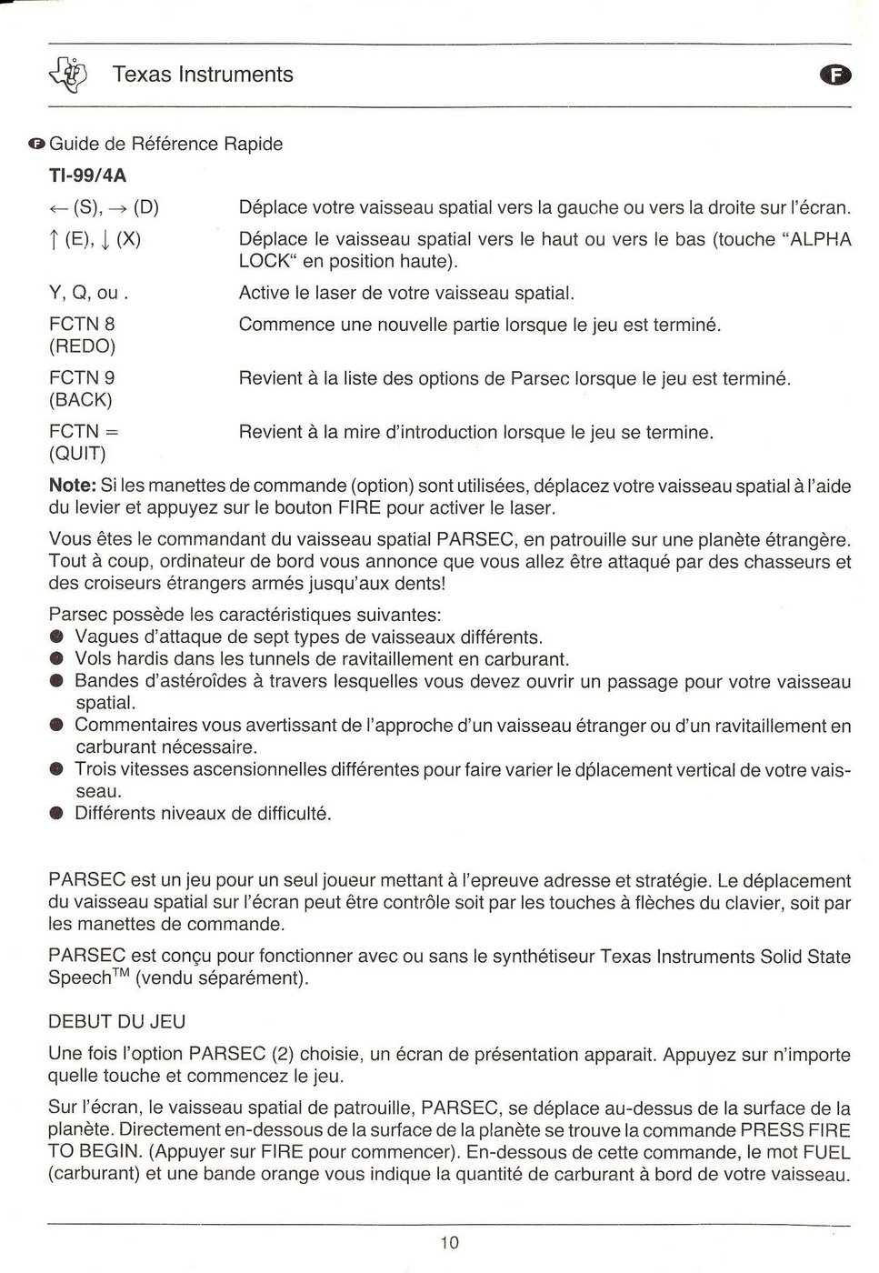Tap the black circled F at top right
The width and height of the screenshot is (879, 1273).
tap(836, 76)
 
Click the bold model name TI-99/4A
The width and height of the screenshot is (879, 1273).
tap(87, 175)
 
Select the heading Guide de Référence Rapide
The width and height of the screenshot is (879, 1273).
tap(165, 144)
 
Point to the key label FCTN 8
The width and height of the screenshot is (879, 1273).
tap(82, 325)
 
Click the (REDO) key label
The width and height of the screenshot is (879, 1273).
tap(82, 346)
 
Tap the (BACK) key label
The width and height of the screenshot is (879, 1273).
tap(80, 400)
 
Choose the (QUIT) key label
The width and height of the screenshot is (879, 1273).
tap(77, 454)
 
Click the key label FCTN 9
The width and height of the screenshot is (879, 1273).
tap(82, 378)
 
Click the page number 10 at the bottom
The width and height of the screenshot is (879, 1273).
tap(449, 1242)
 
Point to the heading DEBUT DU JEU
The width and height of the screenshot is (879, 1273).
tap(116, 1022)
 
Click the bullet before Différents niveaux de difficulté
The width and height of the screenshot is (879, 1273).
tap(56, 814)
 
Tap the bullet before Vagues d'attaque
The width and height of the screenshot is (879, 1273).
tap(56, 637)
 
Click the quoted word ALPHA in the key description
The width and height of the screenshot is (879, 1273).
tap(821, 239)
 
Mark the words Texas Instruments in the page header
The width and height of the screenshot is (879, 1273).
tap(203, 75)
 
